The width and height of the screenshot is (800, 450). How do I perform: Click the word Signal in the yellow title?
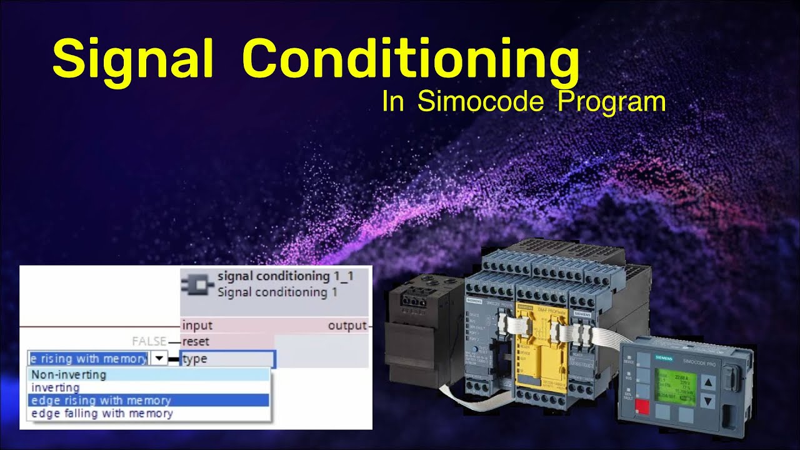(x=133, y=58)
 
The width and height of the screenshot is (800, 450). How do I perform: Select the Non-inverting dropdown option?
(x=69, y=375)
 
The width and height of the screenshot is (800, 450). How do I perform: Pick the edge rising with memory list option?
(x=101, y=401)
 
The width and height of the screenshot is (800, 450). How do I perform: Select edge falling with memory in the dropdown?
(x=102, y=414)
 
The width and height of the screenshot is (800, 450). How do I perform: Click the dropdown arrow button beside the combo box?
(x=160, y=359)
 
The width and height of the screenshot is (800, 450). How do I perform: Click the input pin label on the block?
(x=197, y=326)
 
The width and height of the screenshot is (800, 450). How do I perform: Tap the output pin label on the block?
(x=347, y=326)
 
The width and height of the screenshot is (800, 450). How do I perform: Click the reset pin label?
(x=196, y=342)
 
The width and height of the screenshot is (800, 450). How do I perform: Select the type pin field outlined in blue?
(x=227, y=359)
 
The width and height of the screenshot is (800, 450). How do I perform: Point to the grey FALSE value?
(x=149, y=342)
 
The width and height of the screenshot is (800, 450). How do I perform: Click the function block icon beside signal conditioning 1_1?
(x=197, y=284)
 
